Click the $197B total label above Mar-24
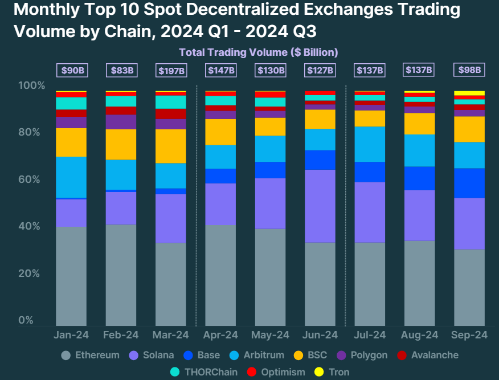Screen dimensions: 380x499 tap(171, 71)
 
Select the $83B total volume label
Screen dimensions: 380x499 tap(121, 71)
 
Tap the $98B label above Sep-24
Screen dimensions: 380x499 tap(469, 70)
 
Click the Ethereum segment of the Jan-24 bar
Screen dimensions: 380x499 tap(71, 276)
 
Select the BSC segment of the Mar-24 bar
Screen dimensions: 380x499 tap(171, 146)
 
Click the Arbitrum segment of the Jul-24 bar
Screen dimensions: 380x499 tap(370, 144)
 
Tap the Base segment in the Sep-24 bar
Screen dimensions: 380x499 tap(469, 183)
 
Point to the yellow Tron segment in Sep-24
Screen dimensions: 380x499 tap(469, 93)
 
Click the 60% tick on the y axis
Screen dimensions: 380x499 tap(32, 179)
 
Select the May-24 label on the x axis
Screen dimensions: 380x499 tap(271, 335)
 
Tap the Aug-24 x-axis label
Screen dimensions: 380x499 tap(419, 335)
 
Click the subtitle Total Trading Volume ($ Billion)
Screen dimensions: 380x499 tap(259, 52)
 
